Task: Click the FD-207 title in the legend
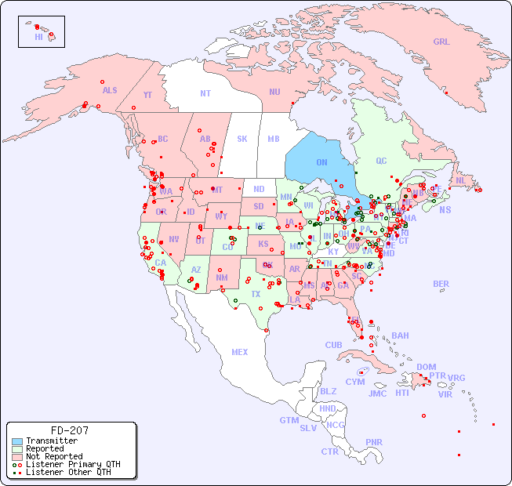pyautogui.click(x=69, y=430)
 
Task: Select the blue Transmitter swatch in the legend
pyautogui.click(x=16, y=441)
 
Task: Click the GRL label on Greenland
pyautogui.click(x=441, y=42)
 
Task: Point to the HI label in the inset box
pyautogui.click(x=38, y=37)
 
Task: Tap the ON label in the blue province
pyautogui.click(x=321, y=162)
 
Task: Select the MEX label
pyautogui.click(x=240, y=352)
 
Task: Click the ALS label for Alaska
pyautogui.click(x=110, y=90)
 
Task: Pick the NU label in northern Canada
pyautogui.click(x=274, y=92)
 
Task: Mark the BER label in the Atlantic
pyautogui.click(x=441, y=284)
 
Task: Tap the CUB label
pyautogui.click(x=333, y=345)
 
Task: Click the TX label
pyautogui.click(x=256, y=294)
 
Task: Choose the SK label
pyautogui.click(x=242, y=139)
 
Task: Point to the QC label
pyautogui.click(x=381, y=161)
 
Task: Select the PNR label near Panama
pyautogui.click(x=374, y=442)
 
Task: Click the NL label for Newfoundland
pyautogui.click(x=460, y=180)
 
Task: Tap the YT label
pyautogui.click(x=147, y=95)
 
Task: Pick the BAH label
pyautogui.click(x=400, y=335)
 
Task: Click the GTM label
pyautogui.click(x=289, y=420)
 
